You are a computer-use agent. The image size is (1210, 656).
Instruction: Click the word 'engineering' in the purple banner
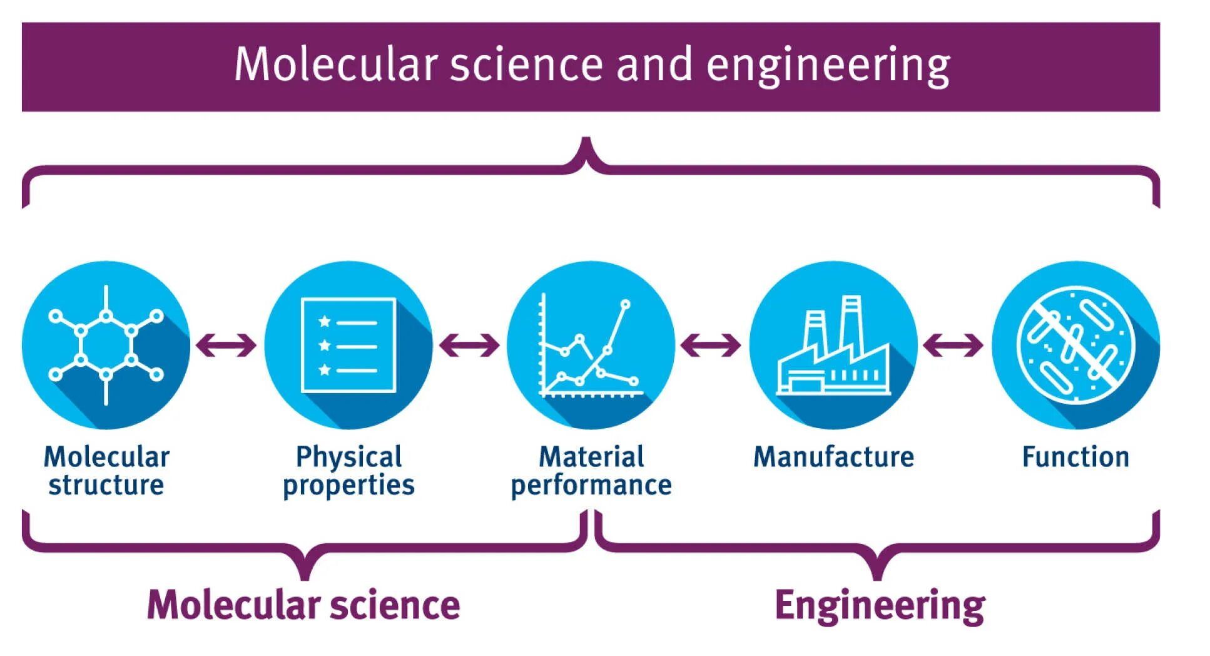(x=828, y=66)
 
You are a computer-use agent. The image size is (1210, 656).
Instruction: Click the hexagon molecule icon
(x=106, y=345)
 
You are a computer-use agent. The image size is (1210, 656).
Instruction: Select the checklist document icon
(x=348, y=345)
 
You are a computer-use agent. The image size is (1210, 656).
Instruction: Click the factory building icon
(x=833, y=351)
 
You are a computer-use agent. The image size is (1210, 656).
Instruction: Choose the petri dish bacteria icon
(x=1075, y=345)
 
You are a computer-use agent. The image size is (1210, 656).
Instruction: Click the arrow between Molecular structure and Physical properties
(x=226, y=345)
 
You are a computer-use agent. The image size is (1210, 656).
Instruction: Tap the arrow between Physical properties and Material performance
(x=469, y=345)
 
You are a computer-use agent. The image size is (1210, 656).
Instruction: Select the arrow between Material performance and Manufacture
(x=711, y=345)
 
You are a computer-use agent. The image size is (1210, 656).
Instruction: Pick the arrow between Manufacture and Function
(x=953, y=345)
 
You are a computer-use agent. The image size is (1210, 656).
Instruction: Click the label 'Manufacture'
(x=833, y=457)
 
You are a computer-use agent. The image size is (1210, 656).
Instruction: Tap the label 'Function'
(x=1075, y=457)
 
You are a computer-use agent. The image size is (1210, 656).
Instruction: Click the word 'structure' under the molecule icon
(x=106, y=485)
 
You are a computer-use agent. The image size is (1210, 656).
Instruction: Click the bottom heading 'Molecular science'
(x=303, y=605)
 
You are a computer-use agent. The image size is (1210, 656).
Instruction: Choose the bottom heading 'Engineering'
(x=880, y=606)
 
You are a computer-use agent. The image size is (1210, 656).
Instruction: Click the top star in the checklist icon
(x=324, y=322)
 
